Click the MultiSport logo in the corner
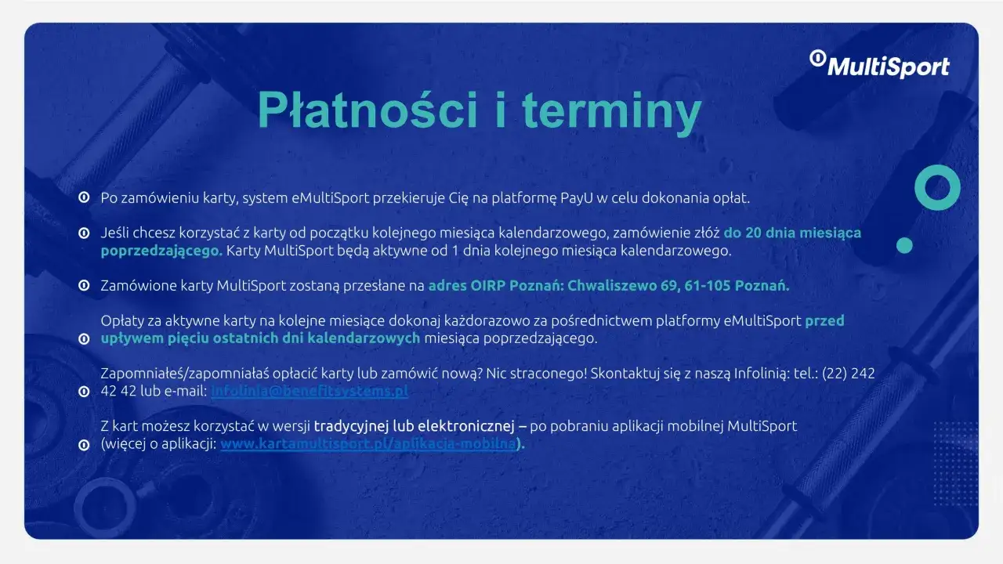(x=879, y=64)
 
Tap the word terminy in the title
(x=611, y=110)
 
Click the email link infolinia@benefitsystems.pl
(x=310, y=391)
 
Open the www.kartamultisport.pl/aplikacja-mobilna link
(x=368, y=444)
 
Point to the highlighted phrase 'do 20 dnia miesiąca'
(x=792, y=233)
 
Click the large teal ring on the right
(x=937, y=187)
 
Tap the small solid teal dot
(x=904, y=245)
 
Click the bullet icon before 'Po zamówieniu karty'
(x=83, y=197)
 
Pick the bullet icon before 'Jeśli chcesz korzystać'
(x=83, y=233)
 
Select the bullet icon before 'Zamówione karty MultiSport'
(x=83, y=286)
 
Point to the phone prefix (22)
(x=835, y=374)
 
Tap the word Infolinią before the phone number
(x=762, y=374)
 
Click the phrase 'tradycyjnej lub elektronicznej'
(x=419, y=426)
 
